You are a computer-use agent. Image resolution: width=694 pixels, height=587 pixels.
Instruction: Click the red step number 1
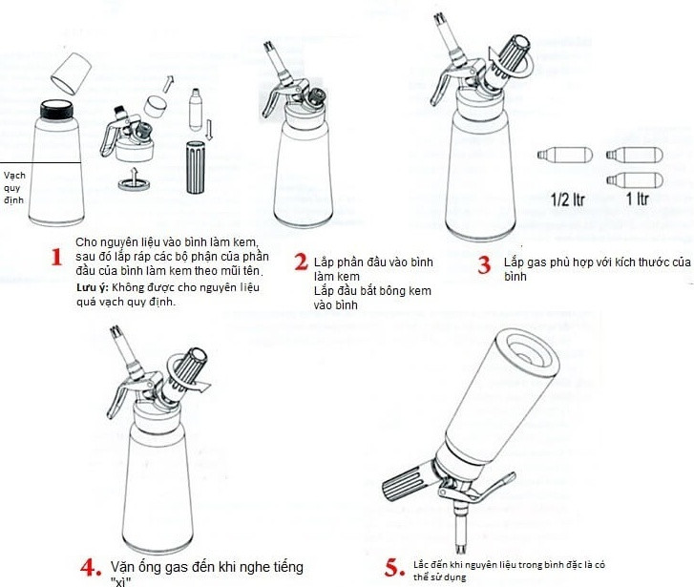[x=56, y=257]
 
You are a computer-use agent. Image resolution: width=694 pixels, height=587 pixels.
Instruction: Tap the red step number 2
[x=301, y=262]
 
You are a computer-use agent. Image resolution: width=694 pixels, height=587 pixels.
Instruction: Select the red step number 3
[x=484, y=264]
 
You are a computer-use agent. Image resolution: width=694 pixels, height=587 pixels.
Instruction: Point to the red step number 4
[x=91, y=568]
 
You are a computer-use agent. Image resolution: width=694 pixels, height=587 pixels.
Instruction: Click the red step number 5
[x=394, y=568]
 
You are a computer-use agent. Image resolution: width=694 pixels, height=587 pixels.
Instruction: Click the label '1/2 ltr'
[x=568, y=199]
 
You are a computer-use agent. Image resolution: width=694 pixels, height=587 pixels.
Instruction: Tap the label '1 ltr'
[x=638, y=199]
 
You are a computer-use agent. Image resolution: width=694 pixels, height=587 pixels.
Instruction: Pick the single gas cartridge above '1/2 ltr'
[x=565, y=155]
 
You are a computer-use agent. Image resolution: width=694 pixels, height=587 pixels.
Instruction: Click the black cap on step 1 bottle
[x=56, y=110]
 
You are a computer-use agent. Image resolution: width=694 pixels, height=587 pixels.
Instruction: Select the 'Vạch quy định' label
[x=14, y=188]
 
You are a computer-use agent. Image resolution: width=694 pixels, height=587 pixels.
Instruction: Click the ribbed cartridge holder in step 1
[x=195, y=167]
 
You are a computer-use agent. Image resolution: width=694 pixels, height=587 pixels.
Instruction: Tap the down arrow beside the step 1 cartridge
[x=209, y=130]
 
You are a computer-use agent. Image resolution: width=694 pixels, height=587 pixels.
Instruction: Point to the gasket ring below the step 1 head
[x=134, y=183]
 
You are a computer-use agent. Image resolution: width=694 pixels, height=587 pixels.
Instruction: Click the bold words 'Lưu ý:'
[x=92, y=287]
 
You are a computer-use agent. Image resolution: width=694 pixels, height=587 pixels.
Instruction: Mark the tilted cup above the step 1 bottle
[x=71, y=73]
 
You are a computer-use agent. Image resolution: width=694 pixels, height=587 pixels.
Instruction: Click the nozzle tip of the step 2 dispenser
[x=268, y=46]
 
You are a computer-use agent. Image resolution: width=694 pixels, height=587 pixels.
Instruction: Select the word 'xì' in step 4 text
[x=120, y=581]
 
